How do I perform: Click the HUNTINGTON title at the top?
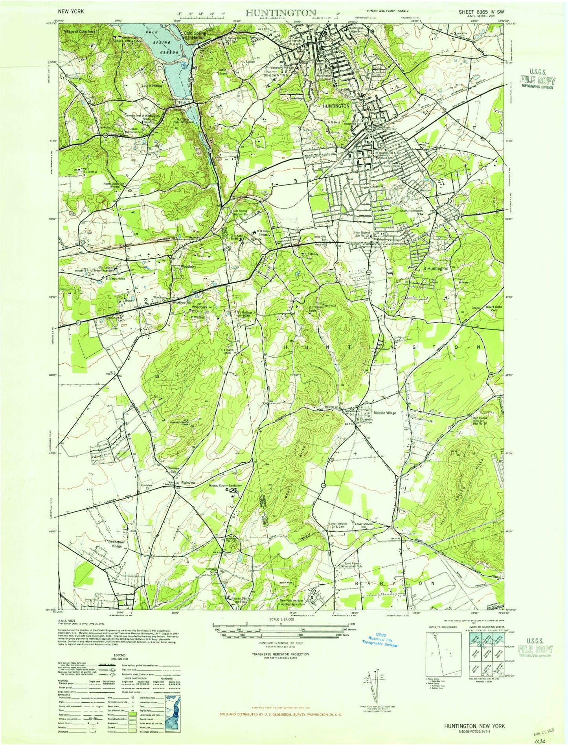(281, 12)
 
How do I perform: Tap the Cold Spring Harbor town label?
(195, 36)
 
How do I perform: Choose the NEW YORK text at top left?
(71, 12)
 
